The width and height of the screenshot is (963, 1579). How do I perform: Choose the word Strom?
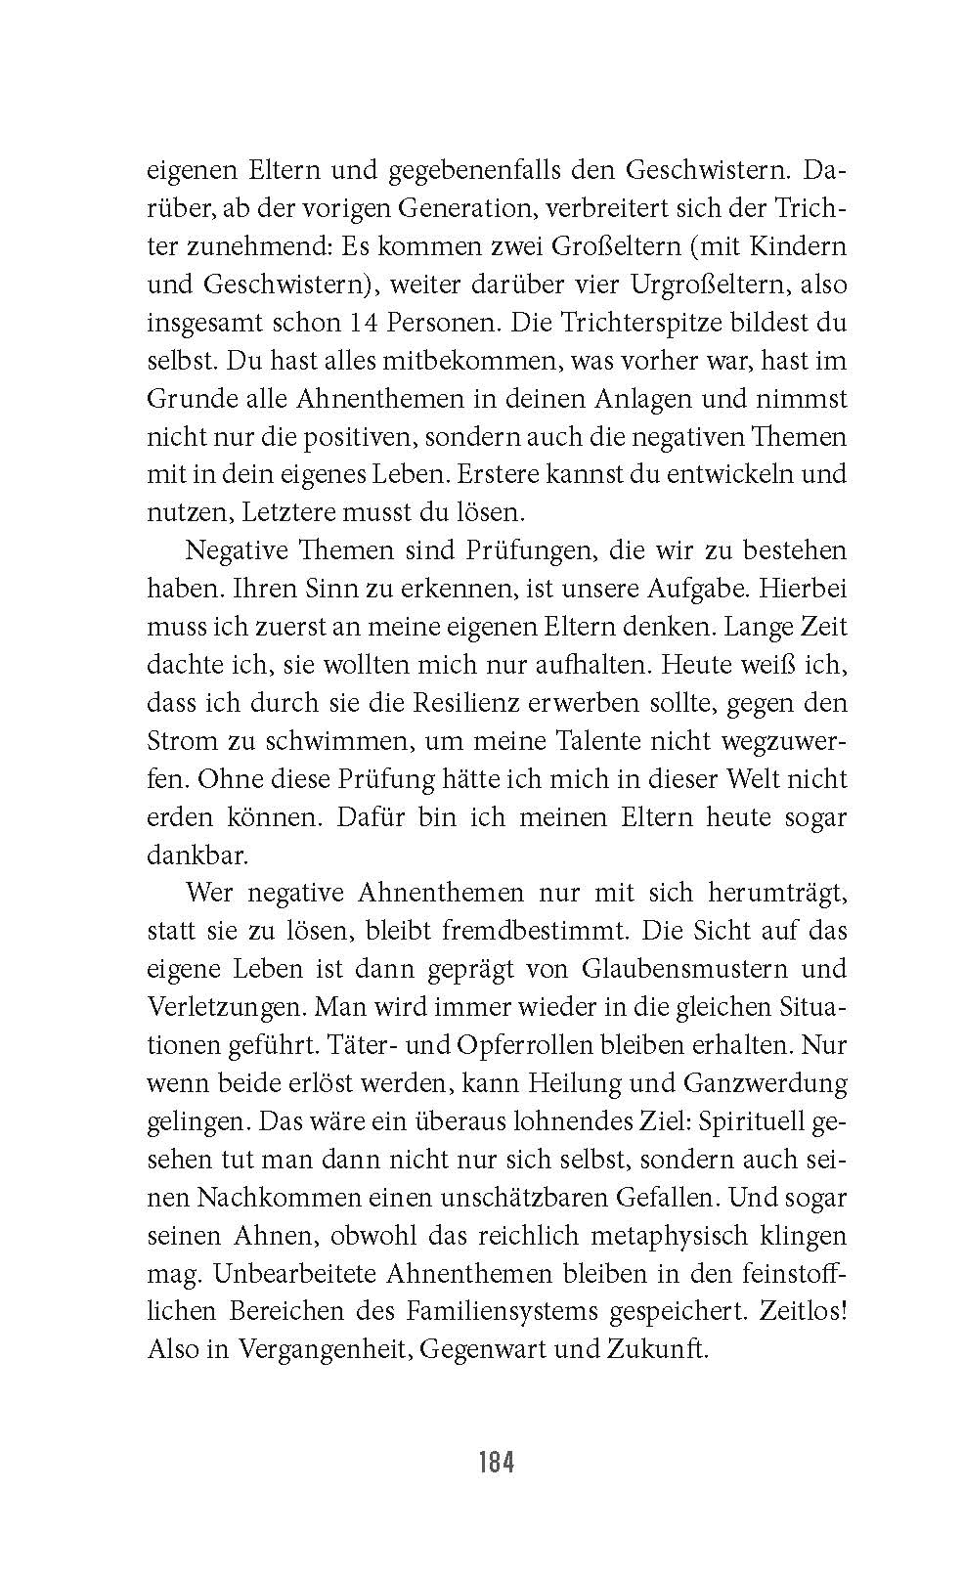pos(181,741)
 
